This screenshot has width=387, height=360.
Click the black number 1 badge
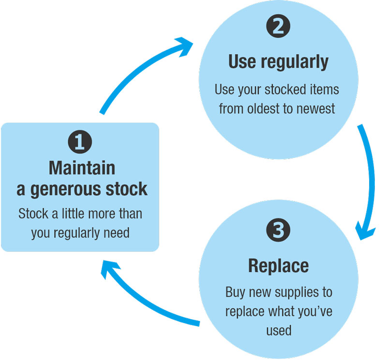pyautogui.click(x=80, y=142)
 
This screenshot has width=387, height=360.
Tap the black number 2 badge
pyautogui.click(x=278, y=26)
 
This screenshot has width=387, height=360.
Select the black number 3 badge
pyautogui.click(x=278, y=230)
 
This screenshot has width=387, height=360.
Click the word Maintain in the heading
pyautogui.click(x=82, y=168)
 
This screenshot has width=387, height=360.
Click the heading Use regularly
pyautogui.click(x=279, y=62)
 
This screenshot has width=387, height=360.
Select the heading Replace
pyautogui.click(x=279, y=266)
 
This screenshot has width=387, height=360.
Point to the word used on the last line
pyautogui.click(x=279, y=331)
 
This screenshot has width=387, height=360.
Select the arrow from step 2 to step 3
pyautogui.click(x=366, y=182)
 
